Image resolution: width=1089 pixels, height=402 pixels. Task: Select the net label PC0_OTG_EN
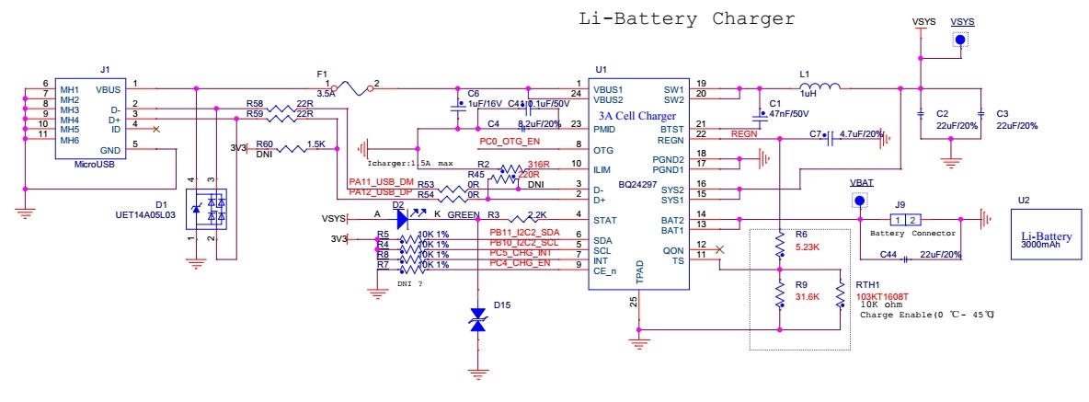(x=510, y=141)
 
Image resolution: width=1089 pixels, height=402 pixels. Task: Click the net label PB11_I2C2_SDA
(x=523, y=233)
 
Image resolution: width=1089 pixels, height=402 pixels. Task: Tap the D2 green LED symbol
(x=402, y=219)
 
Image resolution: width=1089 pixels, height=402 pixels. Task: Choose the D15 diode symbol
(x=477, y=320)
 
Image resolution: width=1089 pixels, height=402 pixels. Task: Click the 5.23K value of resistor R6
(x=808, y=247)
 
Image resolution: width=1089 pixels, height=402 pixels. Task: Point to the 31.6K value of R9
(x=808, y=296)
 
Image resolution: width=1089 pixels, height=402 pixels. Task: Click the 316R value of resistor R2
(x=537, y=164)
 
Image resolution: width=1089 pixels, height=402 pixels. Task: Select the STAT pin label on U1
(x=604, y=220)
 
